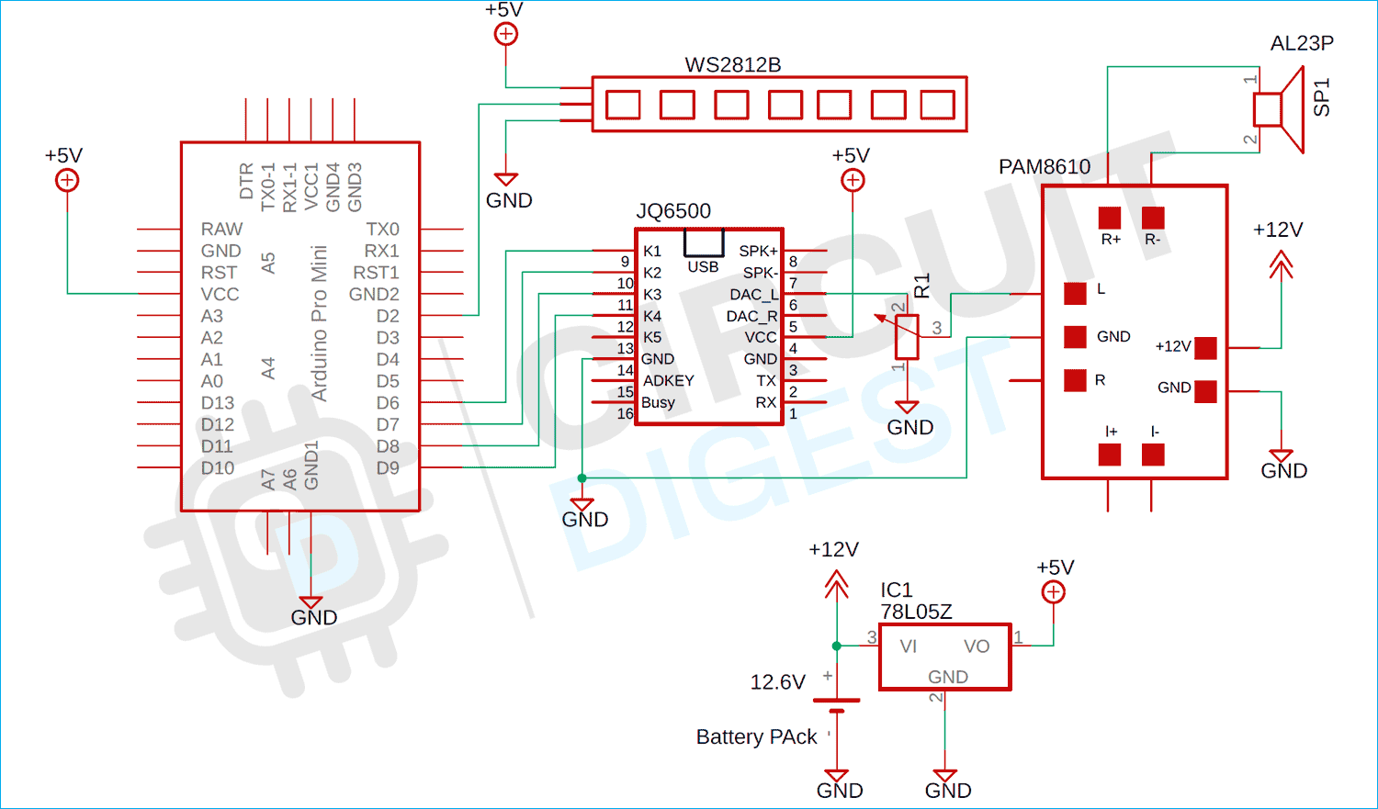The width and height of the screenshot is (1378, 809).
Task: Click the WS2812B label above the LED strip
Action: (x=732, y=65)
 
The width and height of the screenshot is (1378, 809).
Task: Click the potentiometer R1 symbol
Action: (x=907, y=337)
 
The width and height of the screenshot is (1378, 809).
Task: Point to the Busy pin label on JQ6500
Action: (x=658, y=402)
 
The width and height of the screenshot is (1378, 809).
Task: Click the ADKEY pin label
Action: (x=668, y=380)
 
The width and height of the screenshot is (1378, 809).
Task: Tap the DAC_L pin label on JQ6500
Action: (x=753, y=294)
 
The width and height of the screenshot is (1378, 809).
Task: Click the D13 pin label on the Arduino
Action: (x=218, y=403)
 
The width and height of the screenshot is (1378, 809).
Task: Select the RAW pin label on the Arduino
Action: (x=221, y=229)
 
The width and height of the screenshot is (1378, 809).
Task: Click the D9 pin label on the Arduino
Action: (x=388, y=468)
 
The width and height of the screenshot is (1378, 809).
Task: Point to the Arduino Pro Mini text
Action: (x=319, y=323)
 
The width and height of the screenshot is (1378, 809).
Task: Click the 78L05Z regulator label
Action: (x=916, y=612)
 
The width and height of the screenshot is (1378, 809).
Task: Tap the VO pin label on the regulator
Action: (x=977, y=646)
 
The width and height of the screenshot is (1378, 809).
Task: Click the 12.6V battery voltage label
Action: (x=777, y=682)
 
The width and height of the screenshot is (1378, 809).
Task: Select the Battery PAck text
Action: (x=756, y=737)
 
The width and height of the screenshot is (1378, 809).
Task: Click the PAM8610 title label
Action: (x=1045, y=167)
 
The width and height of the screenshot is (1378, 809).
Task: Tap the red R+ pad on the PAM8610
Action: (x=1110, y=218)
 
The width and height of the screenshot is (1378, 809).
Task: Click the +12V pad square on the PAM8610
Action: (x=1205, y=347)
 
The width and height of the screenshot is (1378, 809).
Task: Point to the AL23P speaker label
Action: (x=1302, y=43)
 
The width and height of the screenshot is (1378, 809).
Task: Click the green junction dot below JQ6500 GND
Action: (x=582, y=478)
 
